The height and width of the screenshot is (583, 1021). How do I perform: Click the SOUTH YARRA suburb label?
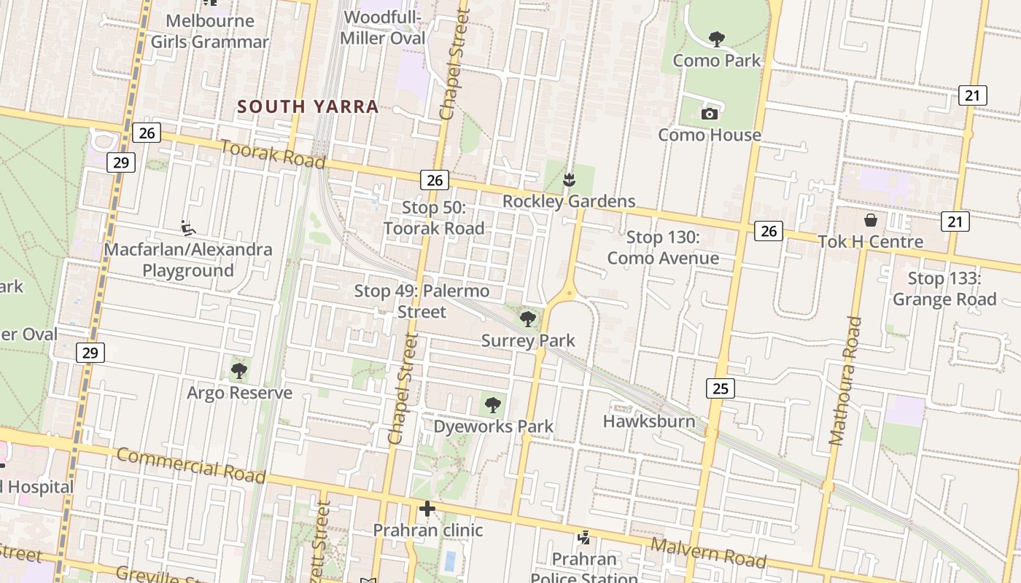pos(308,106)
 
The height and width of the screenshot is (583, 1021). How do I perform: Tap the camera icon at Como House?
pos(709,114)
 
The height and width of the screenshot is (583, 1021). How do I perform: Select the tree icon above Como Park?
pos(716,39)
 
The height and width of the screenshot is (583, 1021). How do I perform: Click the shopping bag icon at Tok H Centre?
pos(870,220)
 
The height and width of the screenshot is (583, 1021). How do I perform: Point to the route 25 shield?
pos(720,388)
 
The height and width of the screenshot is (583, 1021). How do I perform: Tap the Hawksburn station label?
pos(648,421)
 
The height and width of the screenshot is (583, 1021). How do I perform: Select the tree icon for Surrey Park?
pos(527,318)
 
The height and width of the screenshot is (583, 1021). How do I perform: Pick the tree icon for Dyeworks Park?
pos(493,404)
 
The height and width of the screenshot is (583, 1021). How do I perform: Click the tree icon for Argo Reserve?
pos(238,371)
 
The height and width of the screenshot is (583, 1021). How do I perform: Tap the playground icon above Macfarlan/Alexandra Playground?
pos(188,228)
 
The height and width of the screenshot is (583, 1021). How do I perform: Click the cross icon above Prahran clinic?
pos(427,509)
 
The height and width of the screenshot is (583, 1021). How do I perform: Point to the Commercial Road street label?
pos(191,465)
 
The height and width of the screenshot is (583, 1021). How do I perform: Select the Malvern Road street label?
pos(707,552)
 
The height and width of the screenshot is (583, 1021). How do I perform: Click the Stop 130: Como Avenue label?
pos(663,248)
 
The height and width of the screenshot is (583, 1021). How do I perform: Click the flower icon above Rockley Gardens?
pos(569,179)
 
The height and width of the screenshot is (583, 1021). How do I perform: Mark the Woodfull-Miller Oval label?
pos(384,27)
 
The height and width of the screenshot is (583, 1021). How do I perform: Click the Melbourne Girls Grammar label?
pos(210,31)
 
